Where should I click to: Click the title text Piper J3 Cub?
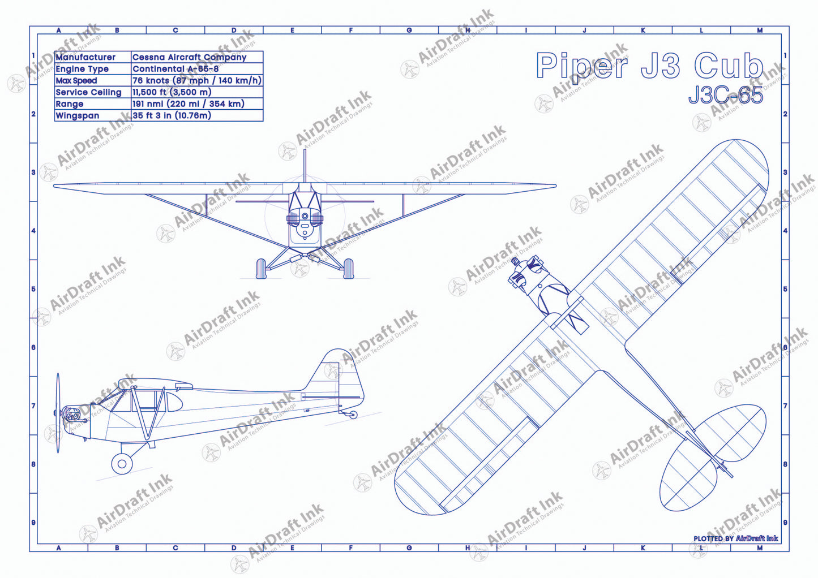[x=649, y=66]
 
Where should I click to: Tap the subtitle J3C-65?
[x=725, y=95]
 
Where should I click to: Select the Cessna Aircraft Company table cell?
[x=189, y=57]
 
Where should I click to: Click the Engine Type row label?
[x=82, y=69]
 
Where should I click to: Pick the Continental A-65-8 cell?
[x=175, y=69]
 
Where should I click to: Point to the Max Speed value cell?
[x=196, y=80]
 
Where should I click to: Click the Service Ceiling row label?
[x=88, y=92]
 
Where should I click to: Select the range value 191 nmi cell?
[x=188, y=104]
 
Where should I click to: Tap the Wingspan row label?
[x=78, y=115]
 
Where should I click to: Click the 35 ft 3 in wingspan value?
[x=172, y=115]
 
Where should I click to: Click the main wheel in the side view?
[x=122, y=464]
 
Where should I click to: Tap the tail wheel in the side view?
[x=354, y=415]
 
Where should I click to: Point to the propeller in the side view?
[x=58, y=413]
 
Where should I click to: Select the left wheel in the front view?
[x=261, y=269]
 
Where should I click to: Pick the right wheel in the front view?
[x=349, y=269]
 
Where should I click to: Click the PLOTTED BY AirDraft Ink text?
[x=735, y=538]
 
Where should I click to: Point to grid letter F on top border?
[x=351, y=31]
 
